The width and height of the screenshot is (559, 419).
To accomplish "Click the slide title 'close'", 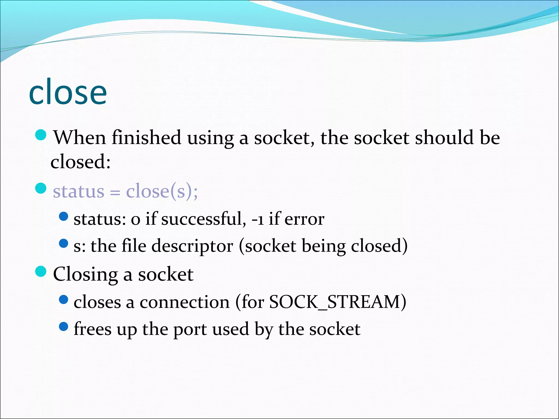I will coord(68,92).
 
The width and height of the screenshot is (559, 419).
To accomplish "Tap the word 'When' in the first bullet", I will coord(79,137).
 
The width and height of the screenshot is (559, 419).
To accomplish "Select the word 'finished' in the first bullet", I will coord(146,137).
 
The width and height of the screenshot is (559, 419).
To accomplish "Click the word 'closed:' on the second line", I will coord(81,161).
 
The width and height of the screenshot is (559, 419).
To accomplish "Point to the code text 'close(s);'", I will coord(162,191).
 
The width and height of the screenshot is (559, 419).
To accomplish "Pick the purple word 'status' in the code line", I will coord(79,191).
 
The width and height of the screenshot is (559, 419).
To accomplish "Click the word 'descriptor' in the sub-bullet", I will coord(192,246).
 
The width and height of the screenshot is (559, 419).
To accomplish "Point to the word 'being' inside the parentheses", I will coord(323,246).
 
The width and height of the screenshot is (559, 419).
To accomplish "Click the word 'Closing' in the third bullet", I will coord(85,274).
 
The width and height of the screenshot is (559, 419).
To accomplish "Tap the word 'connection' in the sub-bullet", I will coord(185,302).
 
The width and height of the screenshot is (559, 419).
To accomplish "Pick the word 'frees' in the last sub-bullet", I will coord(93,329).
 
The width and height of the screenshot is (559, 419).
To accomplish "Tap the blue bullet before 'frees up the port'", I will coord(63,326).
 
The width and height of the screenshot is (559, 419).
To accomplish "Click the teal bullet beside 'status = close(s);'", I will coord(41,188).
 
